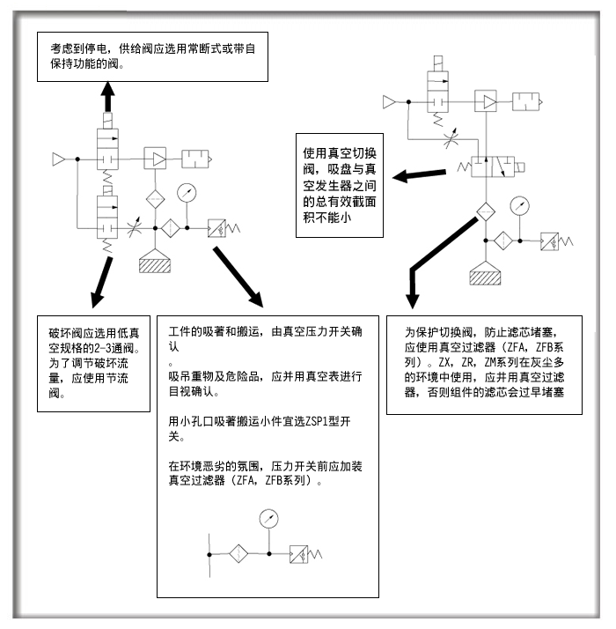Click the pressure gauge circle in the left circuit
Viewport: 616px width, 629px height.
(x=187, y=193)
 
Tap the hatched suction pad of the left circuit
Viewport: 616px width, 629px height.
(x=155, y=262)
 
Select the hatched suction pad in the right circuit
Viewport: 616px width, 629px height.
(x=486, y=274)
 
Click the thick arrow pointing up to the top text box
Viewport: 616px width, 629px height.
(x=108, y=97)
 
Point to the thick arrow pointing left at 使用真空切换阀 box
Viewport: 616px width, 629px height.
(x=419, y=175)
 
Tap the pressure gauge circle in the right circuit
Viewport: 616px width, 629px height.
(x=520, y=206)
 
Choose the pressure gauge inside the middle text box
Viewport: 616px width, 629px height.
(x=269, y=519)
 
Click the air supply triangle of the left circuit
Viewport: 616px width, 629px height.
(x=58, y=159)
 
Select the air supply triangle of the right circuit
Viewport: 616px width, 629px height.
(x=389, y=102)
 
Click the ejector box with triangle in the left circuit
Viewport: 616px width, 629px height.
(x=155, y=159)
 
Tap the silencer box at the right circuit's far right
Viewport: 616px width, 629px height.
(x=527, y=102)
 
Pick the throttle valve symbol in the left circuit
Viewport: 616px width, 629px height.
(x=134, y=228)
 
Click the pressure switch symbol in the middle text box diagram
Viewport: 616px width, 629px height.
(x=305, y=554)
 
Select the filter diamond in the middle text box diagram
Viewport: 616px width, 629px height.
(x=238, y=554)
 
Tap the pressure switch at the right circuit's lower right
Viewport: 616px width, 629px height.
(x=556, y=241)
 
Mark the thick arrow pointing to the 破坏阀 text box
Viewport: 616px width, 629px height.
(x=101, y=283)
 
